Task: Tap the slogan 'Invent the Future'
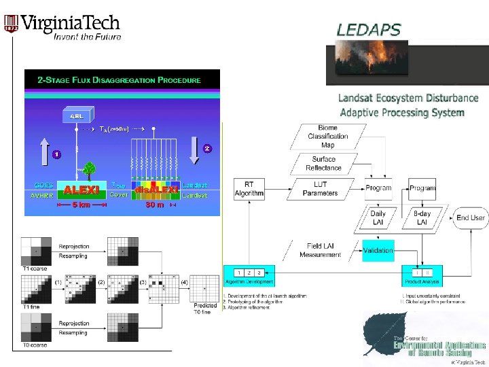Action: tap(88, 36)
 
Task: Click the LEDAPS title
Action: tap(369, 30)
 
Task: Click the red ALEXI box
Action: tap(82, 189)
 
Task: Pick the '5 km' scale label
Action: tap(82, 205)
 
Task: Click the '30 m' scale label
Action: tap(155, 205)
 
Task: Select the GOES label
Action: tap(44, 185)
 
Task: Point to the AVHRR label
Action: tap(44, 195)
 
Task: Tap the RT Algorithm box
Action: tap(249, 188)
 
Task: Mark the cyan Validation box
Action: tap(378, 251)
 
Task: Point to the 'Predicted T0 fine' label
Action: tap(202, 308)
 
